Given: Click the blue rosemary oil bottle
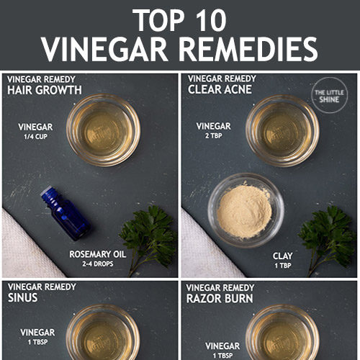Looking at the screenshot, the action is tap(66, 213).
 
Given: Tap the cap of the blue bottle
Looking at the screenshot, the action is tap(48, 194).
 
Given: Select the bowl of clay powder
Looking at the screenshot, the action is tap(246, 210).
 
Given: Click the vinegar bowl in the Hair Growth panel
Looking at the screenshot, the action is tap(104, 130).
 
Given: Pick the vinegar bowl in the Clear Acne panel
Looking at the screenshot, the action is tap(282, 131).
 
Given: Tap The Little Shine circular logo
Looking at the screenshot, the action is tap(329, 95).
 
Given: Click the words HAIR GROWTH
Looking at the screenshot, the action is tap(45, 90).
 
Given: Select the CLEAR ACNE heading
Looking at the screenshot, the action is tap(220, 89).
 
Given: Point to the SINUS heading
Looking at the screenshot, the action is tap(22, 297).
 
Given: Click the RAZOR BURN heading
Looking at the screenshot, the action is tap(220, 299).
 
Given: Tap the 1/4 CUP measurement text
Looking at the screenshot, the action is tap(35, 137).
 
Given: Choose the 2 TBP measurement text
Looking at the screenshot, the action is tap(214, 135).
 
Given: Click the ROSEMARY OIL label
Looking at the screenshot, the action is tap(98, 254).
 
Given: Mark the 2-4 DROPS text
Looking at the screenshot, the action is tap(98, 264).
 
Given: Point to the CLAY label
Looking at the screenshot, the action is tap(282, 256).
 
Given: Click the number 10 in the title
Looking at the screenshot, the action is tap(211, 20).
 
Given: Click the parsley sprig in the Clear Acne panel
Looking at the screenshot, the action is tap(327, 240).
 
